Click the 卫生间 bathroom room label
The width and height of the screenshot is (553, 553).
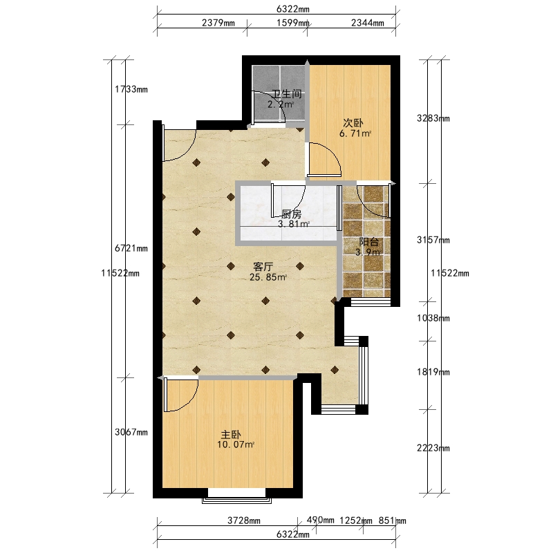click(x=286, y=94)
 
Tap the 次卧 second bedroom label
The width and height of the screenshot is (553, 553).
click(x=353, y=123)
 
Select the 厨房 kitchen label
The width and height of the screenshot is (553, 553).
click(x=292, y=214)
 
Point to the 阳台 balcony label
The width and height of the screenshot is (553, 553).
click(x=369, y=242)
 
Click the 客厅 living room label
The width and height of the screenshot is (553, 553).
click(x=263, y=267)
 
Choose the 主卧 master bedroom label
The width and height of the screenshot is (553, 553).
click(x=231, y=434)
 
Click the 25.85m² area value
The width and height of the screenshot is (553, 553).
click(x=268, y=277)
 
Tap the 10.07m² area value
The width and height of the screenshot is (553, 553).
click(x=236, y=444)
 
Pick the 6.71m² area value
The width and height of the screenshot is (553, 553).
click(x=355, y=133)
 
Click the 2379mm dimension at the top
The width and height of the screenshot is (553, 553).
click(x=218, y=23)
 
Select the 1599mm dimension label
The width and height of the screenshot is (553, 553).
click(x=292, y=23)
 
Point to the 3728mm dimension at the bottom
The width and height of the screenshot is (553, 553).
click(x=244, y=521)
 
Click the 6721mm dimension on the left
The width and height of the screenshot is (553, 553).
click(x=131, y=248)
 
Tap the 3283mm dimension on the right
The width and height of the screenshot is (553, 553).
click(x=433, y=118)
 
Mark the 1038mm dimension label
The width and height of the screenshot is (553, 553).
click(x=433, y=318)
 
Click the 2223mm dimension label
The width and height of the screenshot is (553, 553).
click(x=433, y=448)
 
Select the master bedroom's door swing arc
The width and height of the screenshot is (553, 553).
click(x=189, y=401)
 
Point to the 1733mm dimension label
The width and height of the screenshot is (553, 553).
click(x=131, y=89)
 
